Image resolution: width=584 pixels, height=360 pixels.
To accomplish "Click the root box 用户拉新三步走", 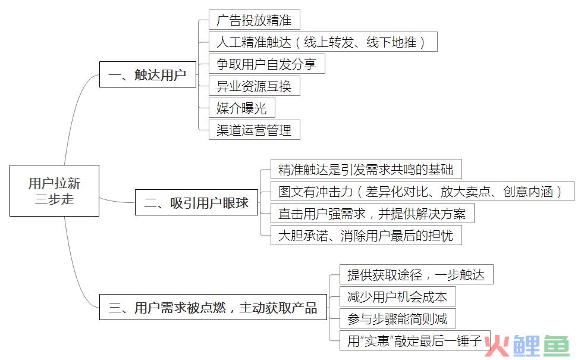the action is (x=54, y=190).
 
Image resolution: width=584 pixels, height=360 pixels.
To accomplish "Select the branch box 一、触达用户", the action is (x=147, y=74).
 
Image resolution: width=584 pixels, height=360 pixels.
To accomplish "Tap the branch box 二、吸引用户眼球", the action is (x=196, y=202).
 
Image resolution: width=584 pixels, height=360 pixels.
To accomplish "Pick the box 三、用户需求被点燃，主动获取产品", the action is (x=213, y=307).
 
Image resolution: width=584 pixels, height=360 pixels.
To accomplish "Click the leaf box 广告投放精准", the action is (x=255, y=20).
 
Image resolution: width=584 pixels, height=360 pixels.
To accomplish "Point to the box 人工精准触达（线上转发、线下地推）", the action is (x=323, y=42).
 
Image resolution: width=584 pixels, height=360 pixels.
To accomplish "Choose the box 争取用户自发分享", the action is (x=266, y=64).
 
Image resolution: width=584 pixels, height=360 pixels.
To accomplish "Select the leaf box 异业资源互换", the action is (x=255, y=86).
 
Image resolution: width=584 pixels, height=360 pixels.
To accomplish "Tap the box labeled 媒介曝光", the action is (x=241, y=108).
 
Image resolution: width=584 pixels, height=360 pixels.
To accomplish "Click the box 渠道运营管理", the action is (x=255, y=130).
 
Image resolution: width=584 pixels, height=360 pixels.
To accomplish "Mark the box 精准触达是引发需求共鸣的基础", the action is (x=366, y=169).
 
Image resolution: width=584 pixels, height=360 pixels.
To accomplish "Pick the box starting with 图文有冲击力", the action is (x=422, y=191).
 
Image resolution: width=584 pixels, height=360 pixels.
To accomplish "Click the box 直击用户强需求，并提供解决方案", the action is (x=372, y=213).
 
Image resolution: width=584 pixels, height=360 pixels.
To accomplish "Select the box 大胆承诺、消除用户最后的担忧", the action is (x=366, y=235).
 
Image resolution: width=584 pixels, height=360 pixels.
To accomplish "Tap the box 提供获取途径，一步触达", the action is (x=416, y=274).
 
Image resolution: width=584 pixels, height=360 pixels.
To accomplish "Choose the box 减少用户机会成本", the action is (x=398, y=296).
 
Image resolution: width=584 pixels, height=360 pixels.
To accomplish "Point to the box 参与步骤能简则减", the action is (x=398, y=318).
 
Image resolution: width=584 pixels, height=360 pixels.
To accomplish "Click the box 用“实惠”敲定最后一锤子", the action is (x=415, y=340).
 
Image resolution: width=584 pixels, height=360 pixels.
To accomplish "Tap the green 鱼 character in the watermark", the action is (x=557, y=346).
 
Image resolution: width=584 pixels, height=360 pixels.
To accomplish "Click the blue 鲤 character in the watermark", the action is (x=526, y=346).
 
